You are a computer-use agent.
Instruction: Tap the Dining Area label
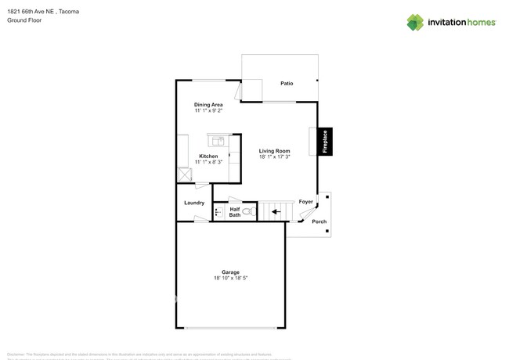208,104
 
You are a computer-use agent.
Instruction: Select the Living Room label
275,151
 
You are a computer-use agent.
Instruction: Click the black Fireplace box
325,142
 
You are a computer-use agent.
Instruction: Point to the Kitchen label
208,157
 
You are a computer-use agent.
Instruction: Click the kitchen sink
216,141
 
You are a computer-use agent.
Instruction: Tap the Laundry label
194,203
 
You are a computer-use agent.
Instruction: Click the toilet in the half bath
247,211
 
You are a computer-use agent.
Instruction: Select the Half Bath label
234,211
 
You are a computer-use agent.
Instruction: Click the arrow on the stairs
274,211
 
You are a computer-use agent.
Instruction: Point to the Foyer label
306,202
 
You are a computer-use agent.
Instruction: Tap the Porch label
319,221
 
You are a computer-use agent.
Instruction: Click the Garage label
230,272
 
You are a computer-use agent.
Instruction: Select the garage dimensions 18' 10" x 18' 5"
230,279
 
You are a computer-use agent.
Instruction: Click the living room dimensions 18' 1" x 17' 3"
275,157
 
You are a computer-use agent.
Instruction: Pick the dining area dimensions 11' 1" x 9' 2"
208,110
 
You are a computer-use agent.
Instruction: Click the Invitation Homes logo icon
414,22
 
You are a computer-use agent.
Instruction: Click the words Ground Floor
24,20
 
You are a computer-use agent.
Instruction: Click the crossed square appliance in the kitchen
186,175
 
